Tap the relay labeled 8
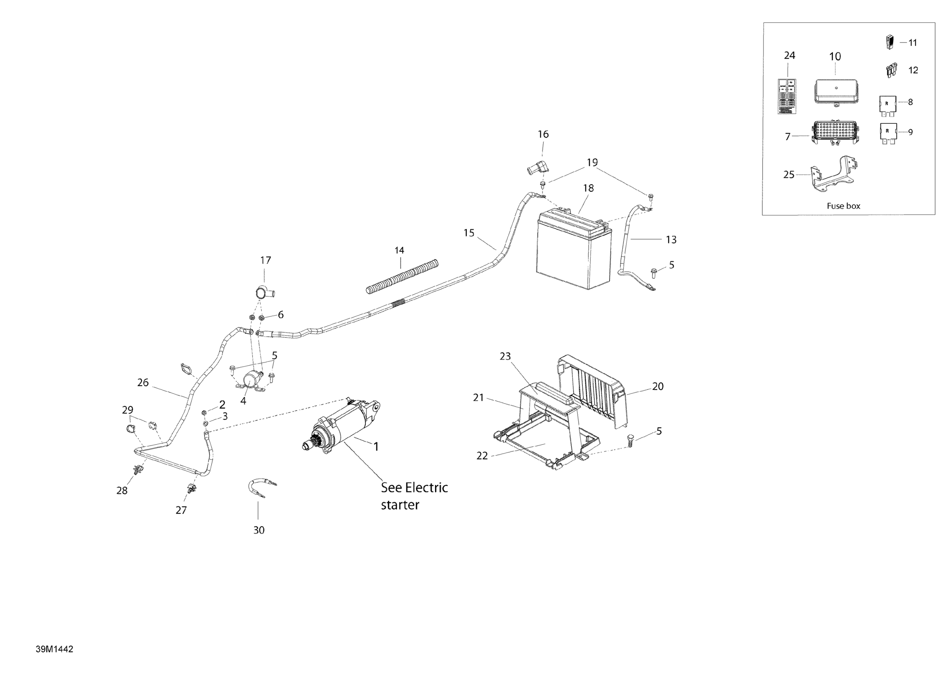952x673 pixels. click(x=887, y=105)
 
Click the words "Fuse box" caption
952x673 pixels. click(x=843, y=206)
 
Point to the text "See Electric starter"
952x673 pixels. click(x=414, y=496)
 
